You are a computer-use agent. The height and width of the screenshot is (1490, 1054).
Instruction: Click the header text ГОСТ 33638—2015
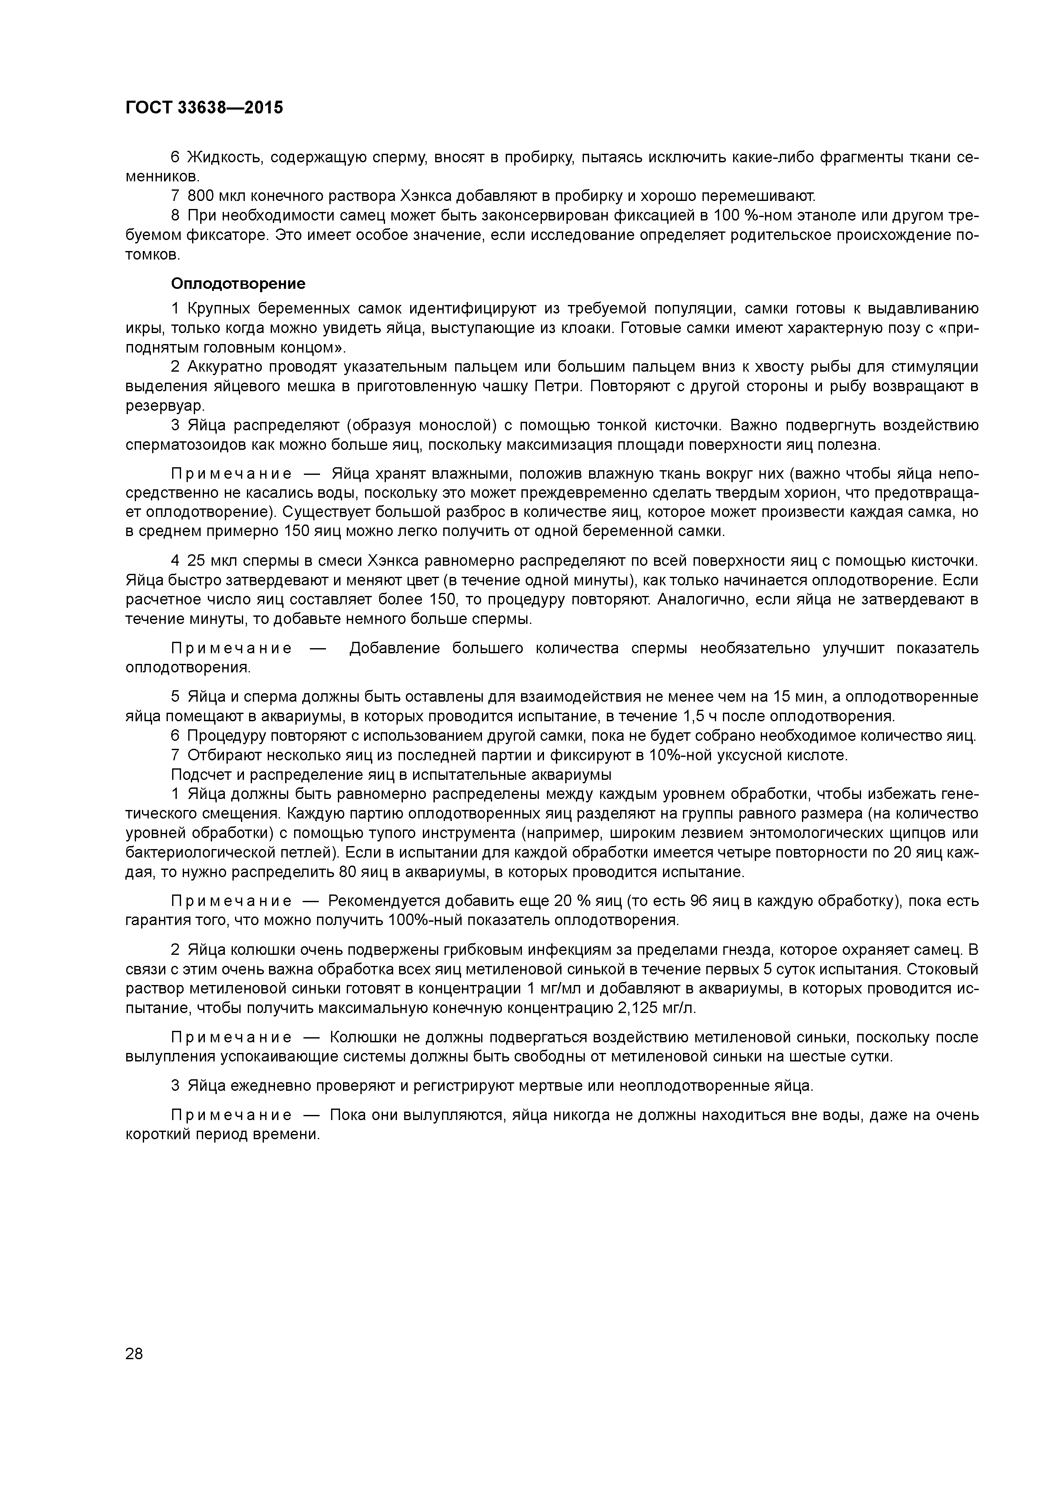coord(204,108)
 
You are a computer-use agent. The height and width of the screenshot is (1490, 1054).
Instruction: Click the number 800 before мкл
coord(201,196)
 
